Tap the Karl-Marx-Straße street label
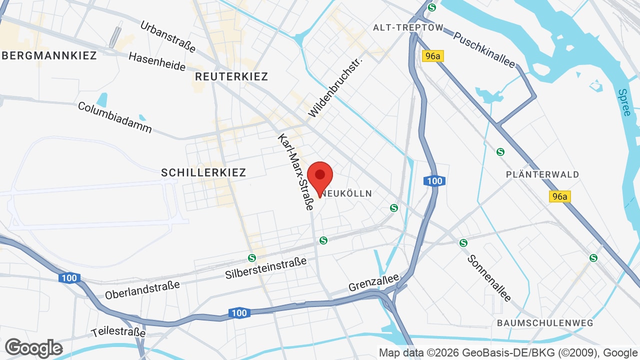point(296,172)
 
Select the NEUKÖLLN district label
point(347,193)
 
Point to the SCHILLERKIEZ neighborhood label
point(203,172)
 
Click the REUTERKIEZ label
point(231,76)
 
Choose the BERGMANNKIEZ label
point(49,55)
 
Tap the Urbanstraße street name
point(168,36)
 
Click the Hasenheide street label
point(157,61)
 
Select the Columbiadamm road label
point(115,117)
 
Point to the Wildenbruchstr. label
point(335,86)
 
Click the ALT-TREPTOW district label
point(408,27)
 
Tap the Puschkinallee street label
point(484,49)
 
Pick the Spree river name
point(624,102)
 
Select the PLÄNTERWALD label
point(542,174)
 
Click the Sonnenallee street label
point(489,278)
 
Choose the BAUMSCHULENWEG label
point(545,323)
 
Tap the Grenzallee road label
point(373,282)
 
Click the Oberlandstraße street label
point(142,290)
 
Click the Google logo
point(33,348)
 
